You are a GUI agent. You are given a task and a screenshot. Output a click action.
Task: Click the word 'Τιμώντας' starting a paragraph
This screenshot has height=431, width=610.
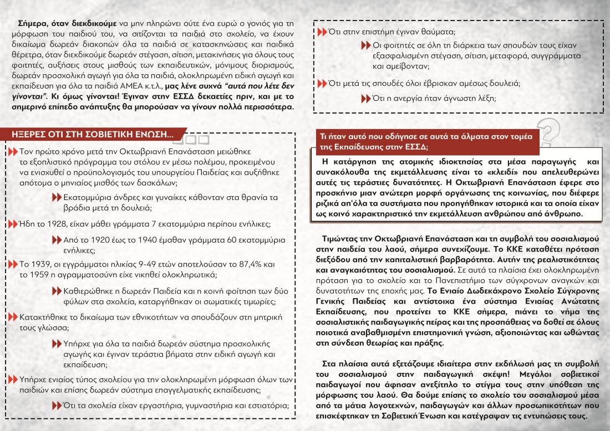339,238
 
